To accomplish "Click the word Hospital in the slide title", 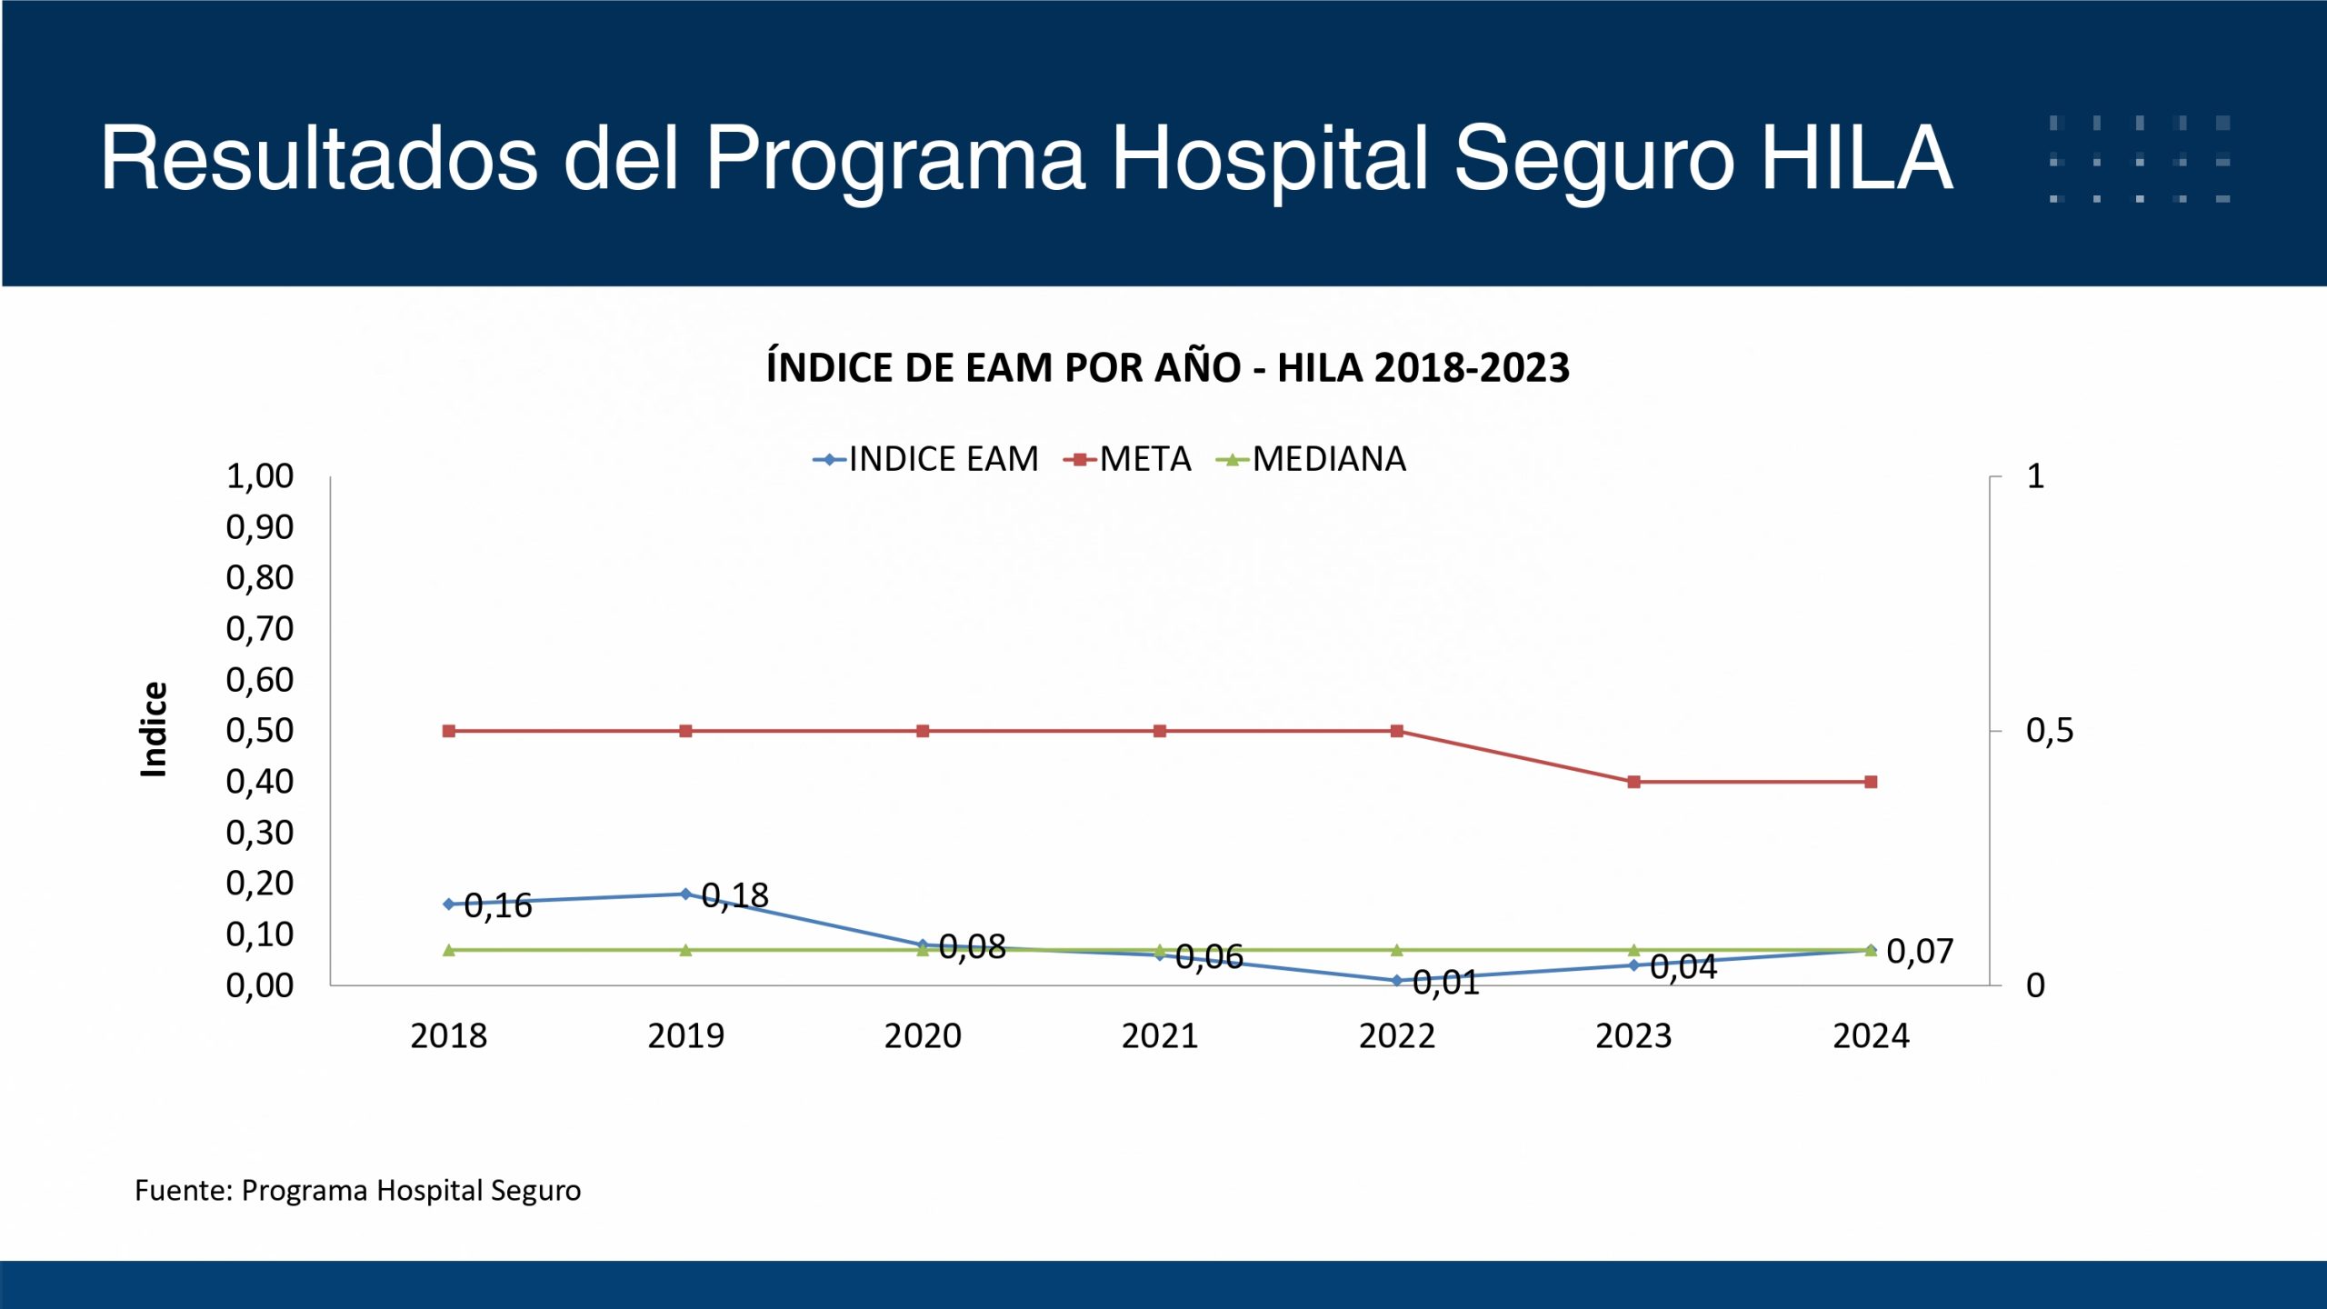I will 1269,160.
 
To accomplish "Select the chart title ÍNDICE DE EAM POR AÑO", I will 1167,368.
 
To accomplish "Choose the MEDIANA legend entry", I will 1311,459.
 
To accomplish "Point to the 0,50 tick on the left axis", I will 260,730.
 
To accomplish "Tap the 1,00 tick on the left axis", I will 260,475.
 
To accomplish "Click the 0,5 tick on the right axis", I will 2050,730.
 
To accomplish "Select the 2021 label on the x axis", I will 1159,1035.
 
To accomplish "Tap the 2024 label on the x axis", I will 1871,1035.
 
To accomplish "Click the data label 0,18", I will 735,896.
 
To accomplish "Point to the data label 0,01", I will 1446,983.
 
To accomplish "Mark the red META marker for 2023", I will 1633,782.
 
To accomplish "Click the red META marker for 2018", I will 448,731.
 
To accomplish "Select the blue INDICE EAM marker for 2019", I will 685,894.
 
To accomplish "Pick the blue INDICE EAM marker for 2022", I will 1396,981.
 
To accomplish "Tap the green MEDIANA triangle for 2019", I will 685,950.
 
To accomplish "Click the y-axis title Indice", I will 155,729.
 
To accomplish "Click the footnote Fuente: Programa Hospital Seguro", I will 357,1190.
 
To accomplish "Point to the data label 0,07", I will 1920,952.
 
